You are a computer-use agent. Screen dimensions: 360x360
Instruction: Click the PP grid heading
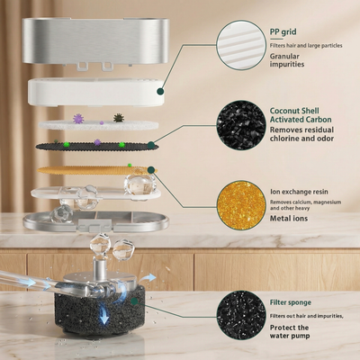283,32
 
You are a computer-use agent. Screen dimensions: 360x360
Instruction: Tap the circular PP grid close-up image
241,45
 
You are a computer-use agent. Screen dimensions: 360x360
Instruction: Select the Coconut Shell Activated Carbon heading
301,115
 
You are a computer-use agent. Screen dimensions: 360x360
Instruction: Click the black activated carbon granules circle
241,125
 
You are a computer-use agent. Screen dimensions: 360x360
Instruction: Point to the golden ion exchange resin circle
241,205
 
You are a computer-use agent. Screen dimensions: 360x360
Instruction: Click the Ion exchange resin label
299,192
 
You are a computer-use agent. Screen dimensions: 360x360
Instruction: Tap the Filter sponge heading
290,302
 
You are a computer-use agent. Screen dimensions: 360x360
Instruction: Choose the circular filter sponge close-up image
241,315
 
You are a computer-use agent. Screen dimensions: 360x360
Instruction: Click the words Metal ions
289,219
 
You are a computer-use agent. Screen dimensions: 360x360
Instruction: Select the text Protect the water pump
290,331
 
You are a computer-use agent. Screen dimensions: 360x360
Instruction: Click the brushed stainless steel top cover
95,40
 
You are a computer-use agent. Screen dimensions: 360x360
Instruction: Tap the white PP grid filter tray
96,92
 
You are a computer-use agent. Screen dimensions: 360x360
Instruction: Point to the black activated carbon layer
96,146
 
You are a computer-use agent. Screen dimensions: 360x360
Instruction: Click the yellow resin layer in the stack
96,170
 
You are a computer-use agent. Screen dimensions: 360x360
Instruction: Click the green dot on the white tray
161,92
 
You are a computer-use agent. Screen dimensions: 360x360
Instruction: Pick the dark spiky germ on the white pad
119,118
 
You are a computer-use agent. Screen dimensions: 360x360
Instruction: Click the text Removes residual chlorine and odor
301,134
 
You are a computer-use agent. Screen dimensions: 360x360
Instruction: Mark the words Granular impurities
287,60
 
